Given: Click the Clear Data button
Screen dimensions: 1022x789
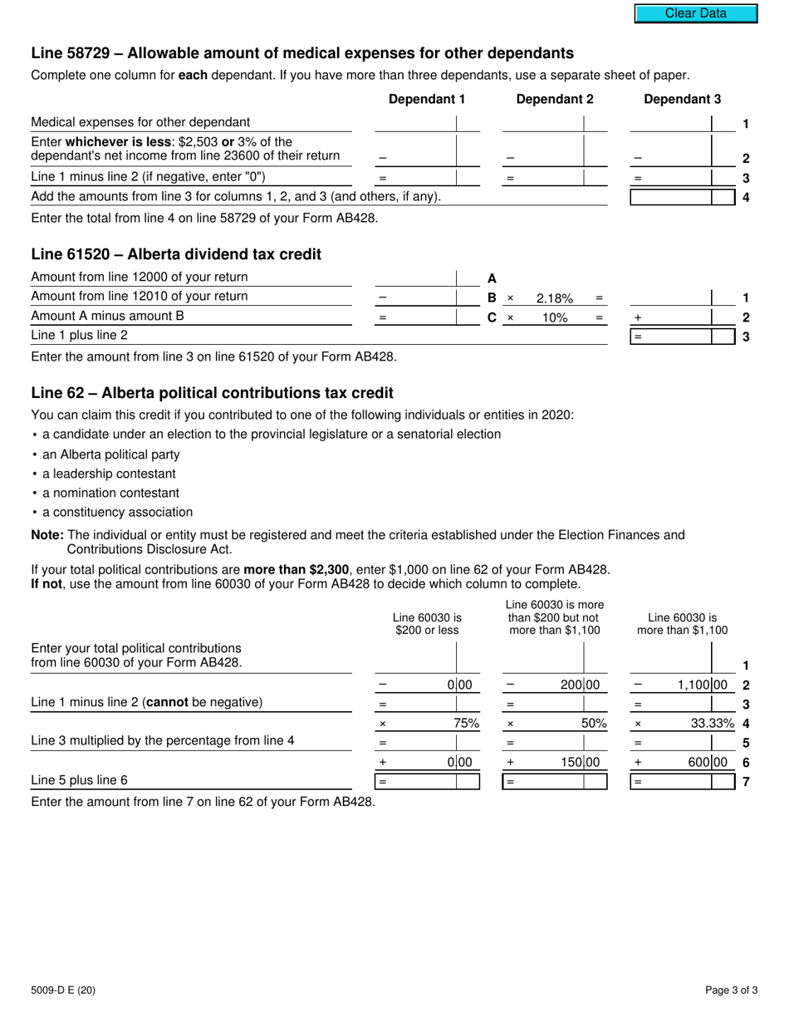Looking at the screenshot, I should tap(696, 13).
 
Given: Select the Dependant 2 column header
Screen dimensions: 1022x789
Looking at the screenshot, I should tap(555, 100).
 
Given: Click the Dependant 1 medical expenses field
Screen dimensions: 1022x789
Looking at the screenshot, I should tap(415, 123).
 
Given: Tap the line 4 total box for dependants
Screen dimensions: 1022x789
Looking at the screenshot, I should tap(671, 198).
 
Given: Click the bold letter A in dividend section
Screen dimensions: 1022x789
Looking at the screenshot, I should tap(492, 278).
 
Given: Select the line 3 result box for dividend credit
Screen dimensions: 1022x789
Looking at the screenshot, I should tap(671, 337).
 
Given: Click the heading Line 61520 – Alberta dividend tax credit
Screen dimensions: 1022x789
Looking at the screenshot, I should tap(176, 254).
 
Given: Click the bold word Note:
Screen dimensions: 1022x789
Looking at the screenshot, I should tap(47, 535).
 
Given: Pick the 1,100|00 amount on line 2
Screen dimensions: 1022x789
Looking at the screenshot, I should tap(700, 685).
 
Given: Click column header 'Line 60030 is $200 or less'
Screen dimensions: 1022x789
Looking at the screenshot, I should tap(427, 624).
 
